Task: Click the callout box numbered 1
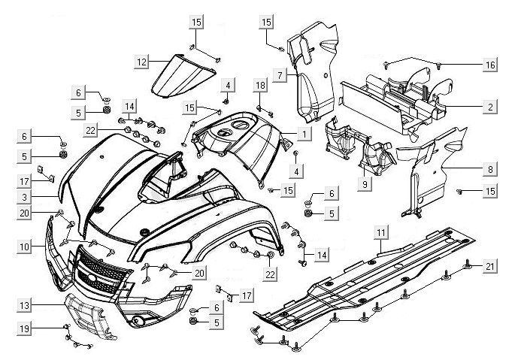[304, 134]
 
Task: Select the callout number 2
[489, 107]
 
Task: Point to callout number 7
[279, 75]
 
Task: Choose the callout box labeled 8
[489, 170]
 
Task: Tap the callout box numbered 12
[141, 61]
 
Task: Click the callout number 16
[489, 65]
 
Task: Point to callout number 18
[260, 86]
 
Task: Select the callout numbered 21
[489, 265]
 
